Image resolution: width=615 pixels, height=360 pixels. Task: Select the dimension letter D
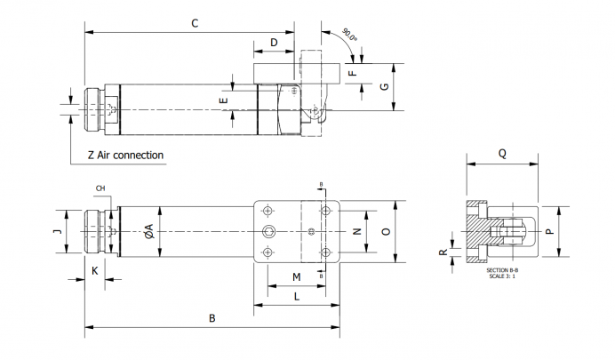pyautogui.click(x=274, y=42)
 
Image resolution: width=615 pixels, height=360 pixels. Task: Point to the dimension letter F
pyautogui.click(x=352, y=72)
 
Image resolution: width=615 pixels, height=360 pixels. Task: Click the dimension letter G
pyautogui.click(x=384, y=86)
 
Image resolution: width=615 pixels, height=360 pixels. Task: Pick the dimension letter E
pyautogui.click(x=224, y=101)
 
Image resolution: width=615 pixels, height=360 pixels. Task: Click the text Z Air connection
pyautogui.click(x=125, y=155)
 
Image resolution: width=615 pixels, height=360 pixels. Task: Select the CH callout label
pyautogui.click(x=100, y=188)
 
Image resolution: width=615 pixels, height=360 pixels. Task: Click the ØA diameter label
pyautogui.click(x=149, y=230)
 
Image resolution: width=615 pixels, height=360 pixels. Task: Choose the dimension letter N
pyautogui.click(x=355, y=231)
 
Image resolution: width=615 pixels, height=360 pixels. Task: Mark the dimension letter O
pyautogui.click(x=385, y=231)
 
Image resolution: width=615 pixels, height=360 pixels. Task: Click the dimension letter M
pyautogui.click(x=296, y=277)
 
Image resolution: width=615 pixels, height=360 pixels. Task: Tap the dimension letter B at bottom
pyautogui.click(x=212, y=317)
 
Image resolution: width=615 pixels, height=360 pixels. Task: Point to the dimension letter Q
pyautogui.click(x=502, y=152)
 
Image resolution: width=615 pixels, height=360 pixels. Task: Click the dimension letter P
pyautogui.click(x=549, y=231)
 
